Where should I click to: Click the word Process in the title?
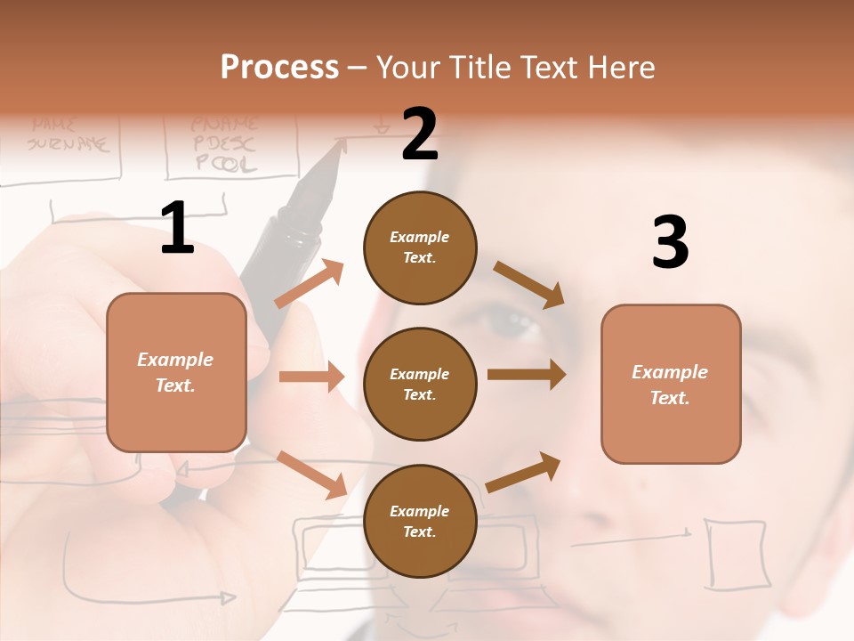279,67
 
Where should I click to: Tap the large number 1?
177,229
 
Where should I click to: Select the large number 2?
419,134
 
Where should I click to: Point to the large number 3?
670,242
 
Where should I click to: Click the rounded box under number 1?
176,372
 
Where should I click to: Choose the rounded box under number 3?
671,384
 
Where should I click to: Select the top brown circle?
420,247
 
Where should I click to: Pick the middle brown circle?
420,384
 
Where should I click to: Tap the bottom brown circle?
420,521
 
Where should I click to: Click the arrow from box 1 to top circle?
310,283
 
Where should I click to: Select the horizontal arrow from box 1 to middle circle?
311,377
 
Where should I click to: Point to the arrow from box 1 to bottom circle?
311,475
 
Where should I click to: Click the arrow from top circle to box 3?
529,284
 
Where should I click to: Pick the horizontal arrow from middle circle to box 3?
526,375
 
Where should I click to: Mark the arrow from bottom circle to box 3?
524,472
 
